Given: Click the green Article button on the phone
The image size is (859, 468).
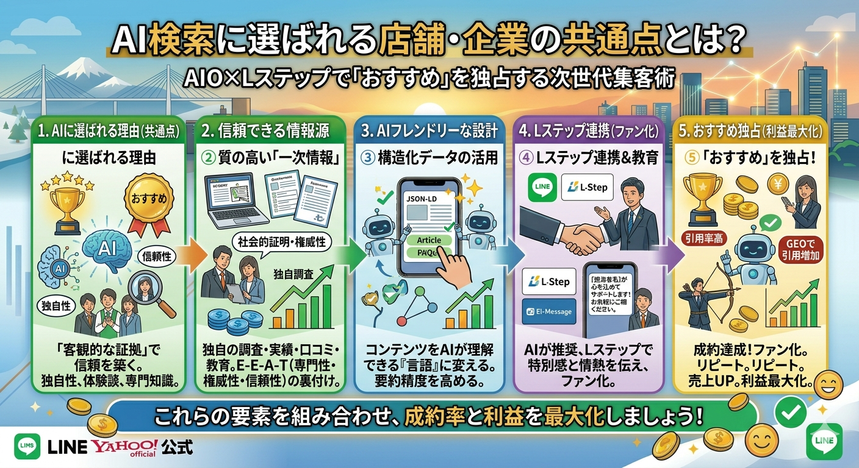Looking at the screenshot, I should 428,240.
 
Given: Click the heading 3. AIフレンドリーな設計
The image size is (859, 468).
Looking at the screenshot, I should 429,130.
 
